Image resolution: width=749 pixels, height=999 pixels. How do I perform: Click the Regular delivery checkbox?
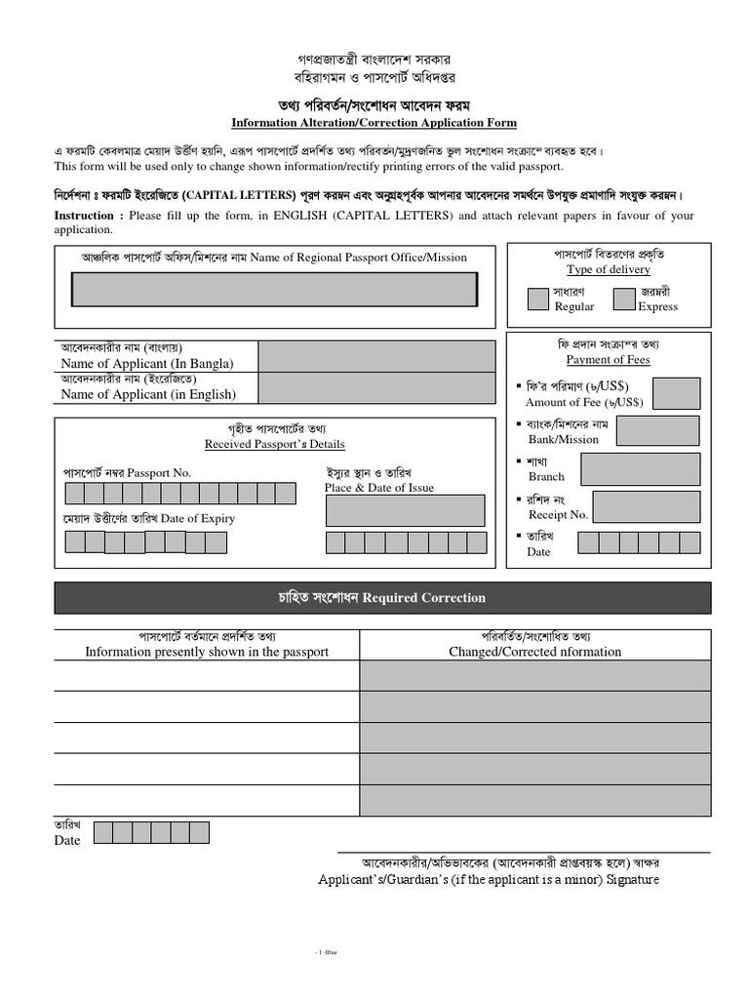pyautogui.click(x=537, y=299)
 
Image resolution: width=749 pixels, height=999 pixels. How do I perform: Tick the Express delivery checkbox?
pyautogui.click(x=624, y=299)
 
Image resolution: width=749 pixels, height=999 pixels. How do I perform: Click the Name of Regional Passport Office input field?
pyautogui.click(x=274, y=290)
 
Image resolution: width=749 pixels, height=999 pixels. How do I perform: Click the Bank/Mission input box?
pyautogui.click(x=657, y=430)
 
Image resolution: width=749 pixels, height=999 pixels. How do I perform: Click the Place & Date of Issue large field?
pyautogui.click(x=405, y=509)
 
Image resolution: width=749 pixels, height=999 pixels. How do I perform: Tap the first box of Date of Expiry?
pyautogui.click(x=75, y=541)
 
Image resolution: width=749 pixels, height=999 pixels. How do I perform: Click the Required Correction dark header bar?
pyautogui.click(x=382, y=597)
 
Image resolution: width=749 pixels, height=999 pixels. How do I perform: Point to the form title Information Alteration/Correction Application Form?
pyautogui.click(x=374, y=123)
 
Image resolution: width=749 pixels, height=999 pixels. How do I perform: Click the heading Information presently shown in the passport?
pyautogui.click(x=207, y=652)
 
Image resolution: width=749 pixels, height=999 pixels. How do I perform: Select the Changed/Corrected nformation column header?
pyautogui.click(x=534, y=652)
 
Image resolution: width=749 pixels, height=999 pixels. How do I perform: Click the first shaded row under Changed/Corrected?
pyautogui.click(x=534, y=675)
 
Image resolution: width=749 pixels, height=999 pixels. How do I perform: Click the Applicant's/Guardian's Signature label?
pyautogui.click(x=489, y=879)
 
